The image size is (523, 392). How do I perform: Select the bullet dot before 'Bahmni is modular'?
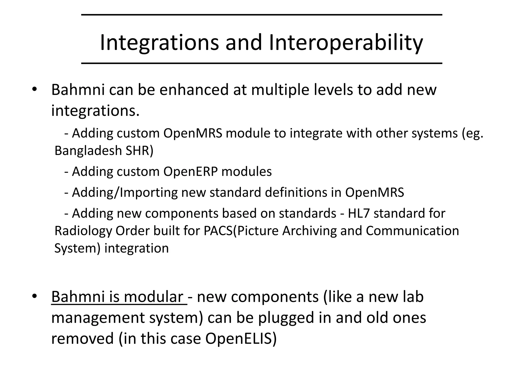pyautogui.click(x=35, y=297)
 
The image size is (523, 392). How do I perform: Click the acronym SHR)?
pyautogui.click(x=139, y=151)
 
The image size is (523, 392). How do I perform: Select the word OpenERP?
pyautogui.click(x=190, y=171)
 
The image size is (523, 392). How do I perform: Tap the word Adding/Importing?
pyautogui.click(x=125, y=192)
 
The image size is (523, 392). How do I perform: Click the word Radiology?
pyautogui.click(x=83, y=231)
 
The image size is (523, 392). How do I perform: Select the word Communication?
pyautogui.click(x=412, y=231)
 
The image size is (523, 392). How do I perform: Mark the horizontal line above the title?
pyautogui.click(x=261, y=15)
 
